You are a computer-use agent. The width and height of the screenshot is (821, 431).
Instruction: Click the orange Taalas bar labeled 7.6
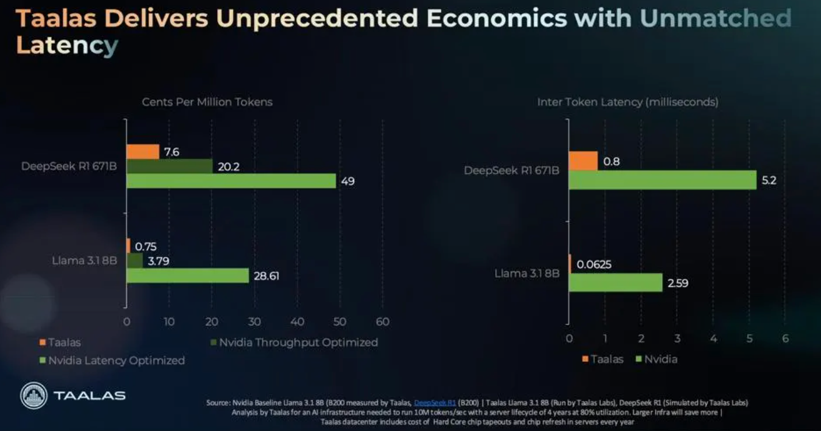click(x=143, y=152)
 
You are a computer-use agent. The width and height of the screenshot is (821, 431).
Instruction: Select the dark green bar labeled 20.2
click(x=169, y=166)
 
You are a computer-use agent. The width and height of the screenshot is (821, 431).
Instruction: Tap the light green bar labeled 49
click(x=230, y=181)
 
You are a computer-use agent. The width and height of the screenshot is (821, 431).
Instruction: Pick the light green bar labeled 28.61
click(x=187, y=275)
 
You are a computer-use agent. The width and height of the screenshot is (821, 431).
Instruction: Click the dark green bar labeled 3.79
click(x=135, y=260)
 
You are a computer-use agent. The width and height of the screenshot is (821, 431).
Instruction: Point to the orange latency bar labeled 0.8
click(x=583, y=161)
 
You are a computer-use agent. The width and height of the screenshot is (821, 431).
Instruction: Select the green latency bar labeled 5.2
click(x=662, y=180)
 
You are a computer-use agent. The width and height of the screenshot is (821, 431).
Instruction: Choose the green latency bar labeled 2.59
click(x=615, y=282)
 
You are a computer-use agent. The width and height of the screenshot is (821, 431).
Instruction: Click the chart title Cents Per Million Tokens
click(x=207, y=102)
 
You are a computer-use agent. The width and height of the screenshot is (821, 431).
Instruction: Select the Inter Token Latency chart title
click(x=628, y=102)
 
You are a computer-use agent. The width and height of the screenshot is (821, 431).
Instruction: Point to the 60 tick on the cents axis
click(x=382, y=322)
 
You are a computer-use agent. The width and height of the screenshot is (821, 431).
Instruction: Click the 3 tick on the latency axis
click(x=677, y=339)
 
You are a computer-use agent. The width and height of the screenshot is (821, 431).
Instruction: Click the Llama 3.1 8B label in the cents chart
click(x=85, y=260)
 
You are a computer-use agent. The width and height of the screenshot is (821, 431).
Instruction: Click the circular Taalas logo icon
click(x=34, y=396)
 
